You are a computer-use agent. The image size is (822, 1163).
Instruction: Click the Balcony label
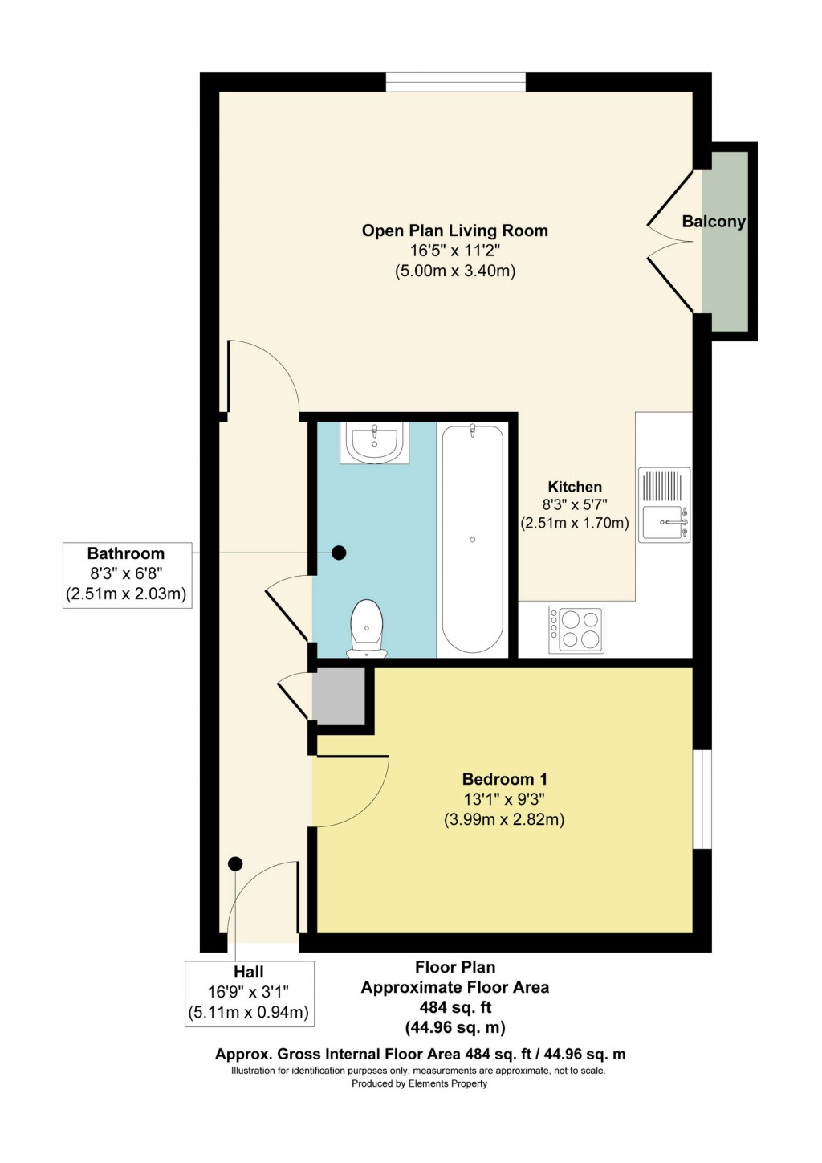click(x=714, y=222)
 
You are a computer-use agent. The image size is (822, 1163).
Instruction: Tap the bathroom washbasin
click(x=375, y=443)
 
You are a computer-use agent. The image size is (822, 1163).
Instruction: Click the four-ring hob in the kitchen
click(x=576, y=629)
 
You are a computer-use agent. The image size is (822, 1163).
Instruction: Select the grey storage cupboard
click(x=339, y=696)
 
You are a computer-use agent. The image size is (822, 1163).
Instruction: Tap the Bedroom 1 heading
click(x=504, y=779)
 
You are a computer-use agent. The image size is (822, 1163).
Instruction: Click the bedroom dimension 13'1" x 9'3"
click(x=504, y=799)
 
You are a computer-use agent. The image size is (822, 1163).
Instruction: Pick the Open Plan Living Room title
click(x=454, y=231)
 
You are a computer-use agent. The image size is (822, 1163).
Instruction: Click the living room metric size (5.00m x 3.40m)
click(x=454, y=271)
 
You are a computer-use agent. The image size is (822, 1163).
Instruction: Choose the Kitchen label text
click(x=575, y=487)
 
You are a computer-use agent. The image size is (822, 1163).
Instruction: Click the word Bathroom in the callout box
click(x=126, y=553)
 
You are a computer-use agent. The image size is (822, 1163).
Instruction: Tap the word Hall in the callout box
click(x=249, y=972)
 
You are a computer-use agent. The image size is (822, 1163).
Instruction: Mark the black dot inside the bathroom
click(x=340, y=553)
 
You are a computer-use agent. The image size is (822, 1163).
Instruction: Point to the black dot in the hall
click(x=235, y=864)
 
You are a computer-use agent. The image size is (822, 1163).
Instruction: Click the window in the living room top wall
click(x=456, y=82)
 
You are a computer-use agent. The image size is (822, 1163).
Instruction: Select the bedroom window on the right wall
click(x=702, y=799)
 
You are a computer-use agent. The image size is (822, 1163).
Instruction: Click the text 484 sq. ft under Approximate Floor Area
click(x=455, y=1007)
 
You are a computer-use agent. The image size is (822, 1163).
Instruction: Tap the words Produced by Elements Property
click(x=419, y=1083)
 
